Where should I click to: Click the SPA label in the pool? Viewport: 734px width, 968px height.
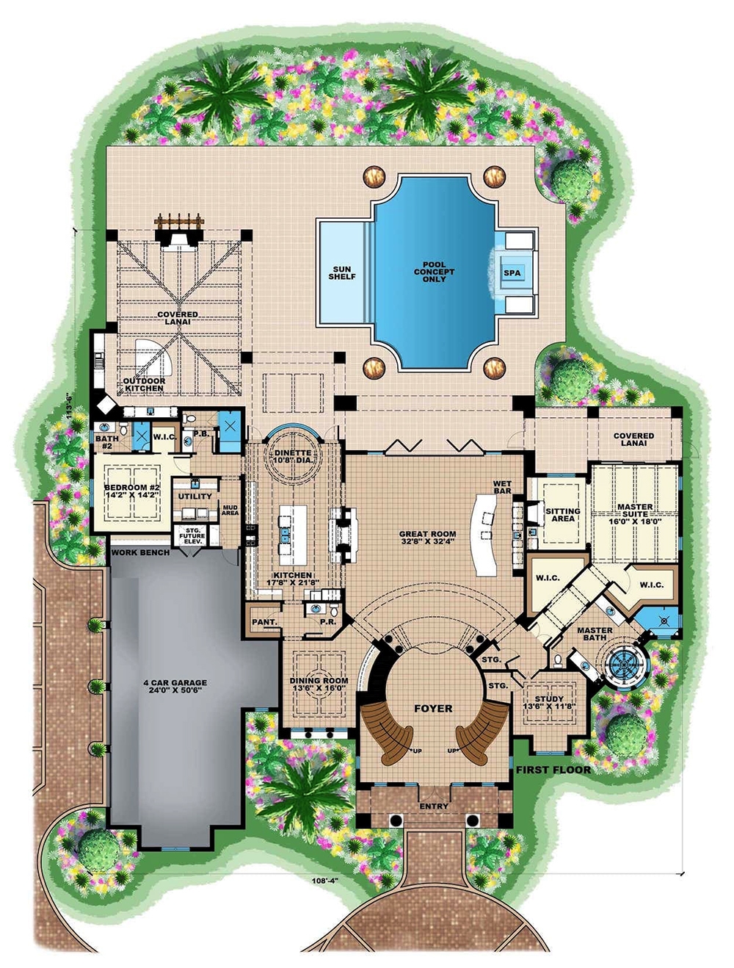coord(512,272)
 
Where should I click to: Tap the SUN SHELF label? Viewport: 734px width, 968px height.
coord(342,272)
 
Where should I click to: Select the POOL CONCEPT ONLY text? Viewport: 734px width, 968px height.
coord(434,272)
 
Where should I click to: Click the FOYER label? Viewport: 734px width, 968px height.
coord(433,709)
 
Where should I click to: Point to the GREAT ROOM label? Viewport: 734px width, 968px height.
coord(427,538)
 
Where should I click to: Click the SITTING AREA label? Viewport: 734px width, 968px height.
coord(563,515)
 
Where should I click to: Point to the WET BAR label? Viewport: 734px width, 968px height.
coord(502,487)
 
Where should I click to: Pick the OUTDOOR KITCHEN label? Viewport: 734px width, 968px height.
coord(144,384)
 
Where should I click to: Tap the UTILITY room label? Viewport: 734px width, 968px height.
coord(195,496)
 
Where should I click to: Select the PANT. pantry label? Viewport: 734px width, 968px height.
coord(264,622)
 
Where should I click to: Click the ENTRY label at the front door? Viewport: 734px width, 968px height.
coord(434,806)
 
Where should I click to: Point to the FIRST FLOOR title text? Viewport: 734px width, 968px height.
coord(553,770)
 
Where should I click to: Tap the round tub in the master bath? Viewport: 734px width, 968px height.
coord(625,662)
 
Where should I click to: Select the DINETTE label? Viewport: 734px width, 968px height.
coord(293,458)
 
